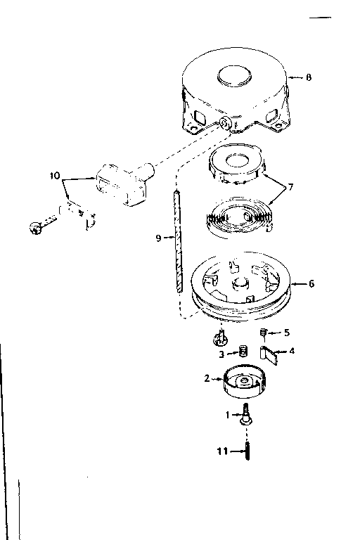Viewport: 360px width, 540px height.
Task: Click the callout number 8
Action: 309,77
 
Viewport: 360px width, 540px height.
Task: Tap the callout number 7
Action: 291,187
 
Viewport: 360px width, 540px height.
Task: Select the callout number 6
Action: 311,283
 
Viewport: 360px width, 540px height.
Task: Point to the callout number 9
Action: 158,238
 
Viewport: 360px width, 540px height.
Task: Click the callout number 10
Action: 55,176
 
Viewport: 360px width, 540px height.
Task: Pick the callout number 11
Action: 223,451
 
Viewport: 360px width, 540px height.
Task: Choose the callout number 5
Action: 287,333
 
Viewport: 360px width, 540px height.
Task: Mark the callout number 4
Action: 292,352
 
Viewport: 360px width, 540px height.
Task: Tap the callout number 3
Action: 221,354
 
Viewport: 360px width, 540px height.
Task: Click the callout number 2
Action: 207,378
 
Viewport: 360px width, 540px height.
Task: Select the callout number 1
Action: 227,415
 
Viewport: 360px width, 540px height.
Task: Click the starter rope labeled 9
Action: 178,241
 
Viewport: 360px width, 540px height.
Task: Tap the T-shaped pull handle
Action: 124,184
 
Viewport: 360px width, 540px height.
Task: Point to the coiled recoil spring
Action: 240,217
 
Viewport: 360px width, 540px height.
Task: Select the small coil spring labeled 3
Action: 243,352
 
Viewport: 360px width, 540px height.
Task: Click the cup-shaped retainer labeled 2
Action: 245,382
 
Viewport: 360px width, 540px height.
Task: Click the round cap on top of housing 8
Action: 234,76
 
